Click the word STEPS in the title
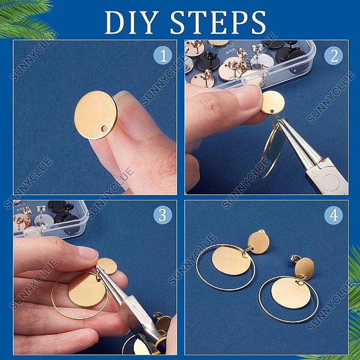click(218, 23)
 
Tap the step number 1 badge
click(163, 55)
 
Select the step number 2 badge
click(334, 55)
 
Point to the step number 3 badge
click(163, 215)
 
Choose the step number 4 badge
click(334, 215)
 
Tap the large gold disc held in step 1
click(96, 115)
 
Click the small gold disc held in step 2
click(273, 102)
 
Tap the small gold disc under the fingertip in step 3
click(107, 266)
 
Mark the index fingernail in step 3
click(89, 253)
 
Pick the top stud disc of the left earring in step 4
click(259, 243)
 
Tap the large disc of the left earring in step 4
click(231, 261)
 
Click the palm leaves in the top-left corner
click(25, 19)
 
